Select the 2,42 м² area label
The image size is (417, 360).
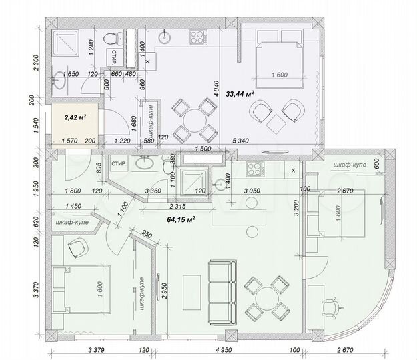tap(76, 117)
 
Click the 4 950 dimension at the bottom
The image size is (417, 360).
tap(225, 349)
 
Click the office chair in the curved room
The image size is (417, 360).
tap(333, 306)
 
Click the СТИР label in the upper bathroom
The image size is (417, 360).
tap(115, 53)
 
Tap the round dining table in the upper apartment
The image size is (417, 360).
tap(192, 119)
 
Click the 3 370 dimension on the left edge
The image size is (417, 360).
tap(37, 293)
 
